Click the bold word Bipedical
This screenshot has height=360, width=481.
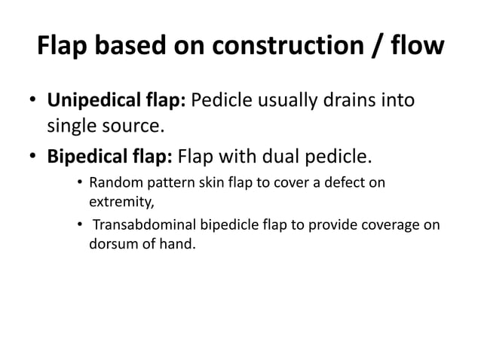click(x=85, y=157)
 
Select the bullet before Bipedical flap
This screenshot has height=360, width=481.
click(x=35, y=158)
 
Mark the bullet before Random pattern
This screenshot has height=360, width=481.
click(x=78, y=183)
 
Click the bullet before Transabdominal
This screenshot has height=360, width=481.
click(x=78, y=225)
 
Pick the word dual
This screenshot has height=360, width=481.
click(x=274, y=157)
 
